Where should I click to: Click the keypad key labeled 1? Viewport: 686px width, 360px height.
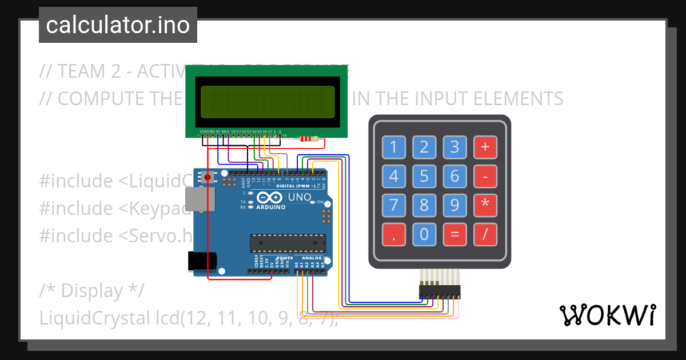point(393,147)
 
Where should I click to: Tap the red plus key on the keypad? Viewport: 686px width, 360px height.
point(485,147)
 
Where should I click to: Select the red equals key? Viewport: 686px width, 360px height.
point(454,234)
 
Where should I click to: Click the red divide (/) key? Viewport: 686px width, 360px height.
point(485,234)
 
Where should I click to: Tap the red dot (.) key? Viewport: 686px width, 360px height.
point(393,234)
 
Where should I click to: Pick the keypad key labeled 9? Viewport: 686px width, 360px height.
point(454,205)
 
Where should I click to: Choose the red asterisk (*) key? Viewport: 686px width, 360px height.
point(485,205)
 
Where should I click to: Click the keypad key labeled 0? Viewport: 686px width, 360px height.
point(424,234)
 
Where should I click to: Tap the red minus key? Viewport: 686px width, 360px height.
point(485,177)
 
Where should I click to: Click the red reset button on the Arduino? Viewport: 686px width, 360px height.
point(208,178)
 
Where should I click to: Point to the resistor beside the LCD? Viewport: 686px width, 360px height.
point(309,139)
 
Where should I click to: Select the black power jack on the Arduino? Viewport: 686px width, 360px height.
point(203,261)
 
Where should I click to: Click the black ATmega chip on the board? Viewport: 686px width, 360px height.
point(288,243)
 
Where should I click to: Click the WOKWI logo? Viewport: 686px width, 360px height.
point(607,315)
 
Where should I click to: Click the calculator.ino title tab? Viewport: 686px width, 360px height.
point(118,25)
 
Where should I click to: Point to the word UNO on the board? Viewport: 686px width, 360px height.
point(300,198)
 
